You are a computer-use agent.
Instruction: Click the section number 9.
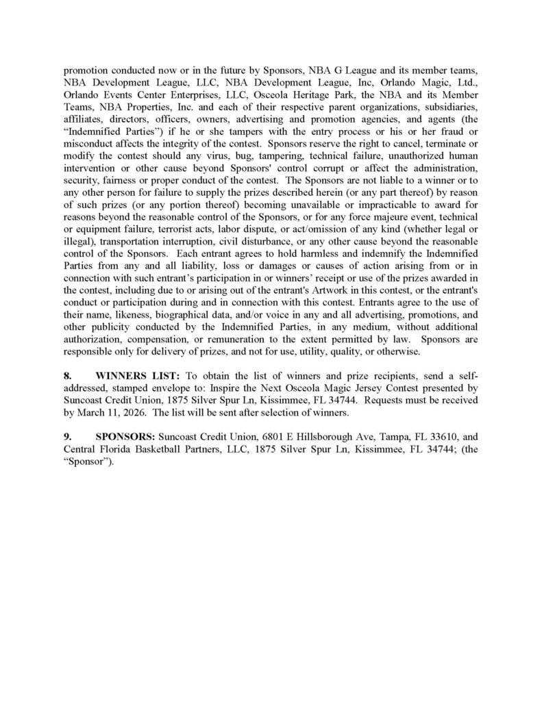[x=67, y=436]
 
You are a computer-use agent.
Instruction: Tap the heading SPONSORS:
[x=126, y=436]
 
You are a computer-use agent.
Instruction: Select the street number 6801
[x=267, y=436]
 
